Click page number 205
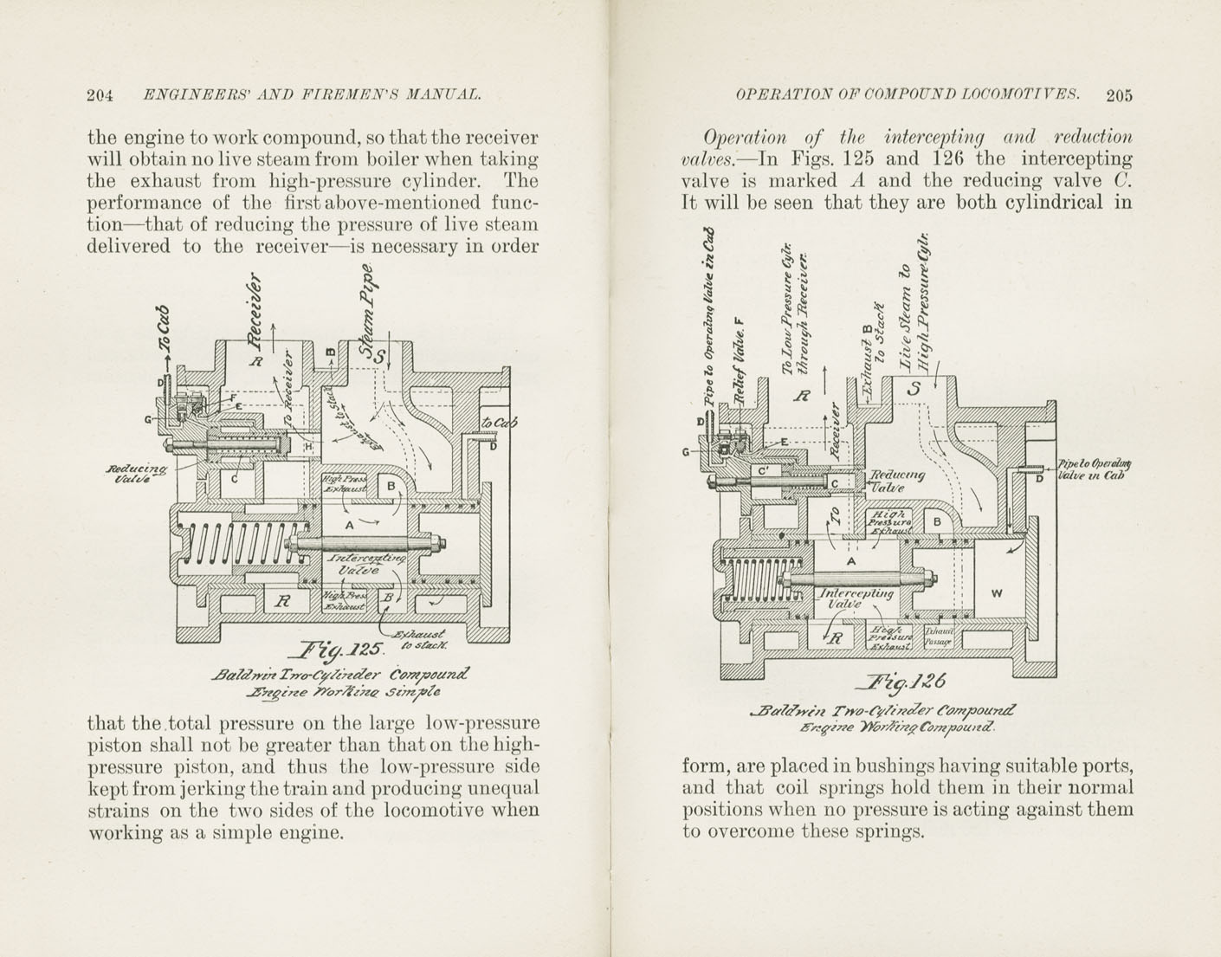[1118, 95]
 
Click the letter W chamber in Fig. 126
[996, 593]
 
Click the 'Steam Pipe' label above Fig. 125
[367, 312]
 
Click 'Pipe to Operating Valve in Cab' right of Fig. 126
[1093, 469]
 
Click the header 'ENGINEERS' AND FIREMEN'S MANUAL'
[312, 95]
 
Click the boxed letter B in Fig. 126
[936, 522]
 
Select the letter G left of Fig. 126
[686, 451]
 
